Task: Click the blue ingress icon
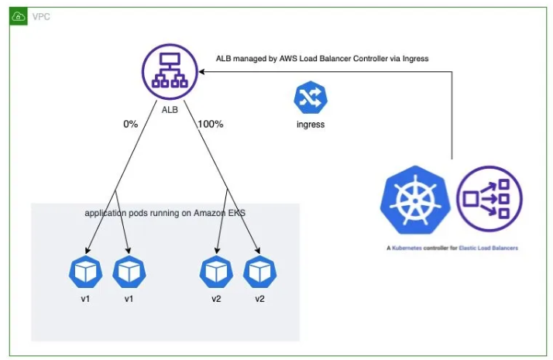(x=309, y=98)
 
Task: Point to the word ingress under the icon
(x=310, y=124)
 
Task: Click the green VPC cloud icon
(x=19, y=16)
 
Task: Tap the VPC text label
(x=41, y=16)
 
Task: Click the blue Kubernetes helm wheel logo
(x=414, y=202)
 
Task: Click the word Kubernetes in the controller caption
(x=411, y=248)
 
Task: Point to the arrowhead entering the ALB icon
(x=203, y=72)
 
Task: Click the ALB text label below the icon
(x=170, y=110)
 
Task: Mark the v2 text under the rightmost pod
(x=259, y=299)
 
